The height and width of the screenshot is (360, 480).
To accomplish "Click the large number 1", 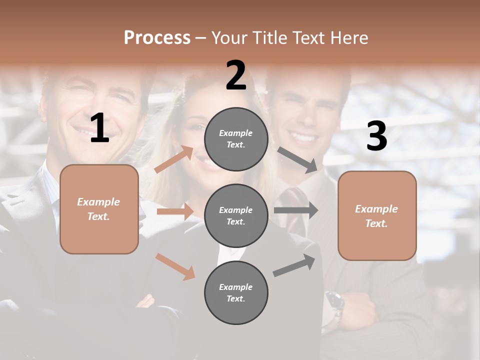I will tap(99, 128).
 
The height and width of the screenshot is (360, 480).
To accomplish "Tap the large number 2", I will tap(236, 75).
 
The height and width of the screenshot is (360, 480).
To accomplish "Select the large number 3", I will tap(376, 136).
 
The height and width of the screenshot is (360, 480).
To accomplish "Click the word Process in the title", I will tap(157, 37).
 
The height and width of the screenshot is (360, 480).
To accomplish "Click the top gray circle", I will tap(236, 139).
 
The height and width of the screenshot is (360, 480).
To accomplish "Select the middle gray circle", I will tap(236, 215).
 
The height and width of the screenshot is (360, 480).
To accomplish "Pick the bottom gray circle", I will tap(236, 292).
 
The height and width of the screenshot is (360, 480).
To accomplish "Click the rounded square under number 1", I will tap(99, 209).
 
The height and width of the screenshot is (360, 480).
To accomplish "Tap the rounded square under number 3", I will tap(377, 215).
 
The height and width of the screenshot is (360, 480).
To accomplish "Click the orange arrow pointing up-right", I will tap(173, 159).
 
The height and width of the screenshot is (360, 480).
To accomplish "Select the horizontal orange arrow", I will tap(175, 211).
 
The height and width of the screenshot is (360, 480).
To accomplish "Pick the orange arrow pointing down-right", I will tap(175, 266).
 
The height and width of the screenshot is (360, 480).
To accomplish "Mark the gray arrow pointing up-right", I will tap(294, 265).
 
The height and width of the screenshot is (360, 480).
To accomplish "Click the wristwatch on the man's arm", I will tap(334, 302).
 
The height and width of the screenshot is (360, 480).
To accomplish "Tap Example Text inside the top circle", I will tap(236, 139).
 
